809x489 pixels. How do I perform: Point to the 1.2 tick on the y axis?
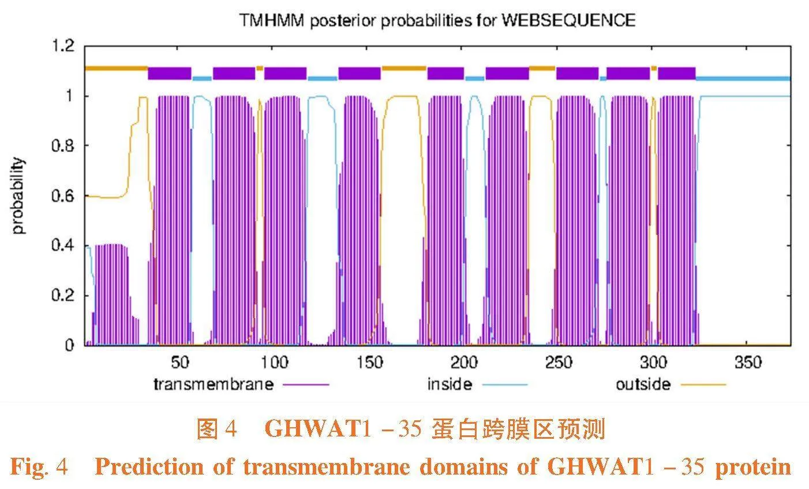click(x=63, y=46)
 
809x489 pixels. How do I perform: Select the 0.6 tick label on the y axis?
click(x=63, y=196)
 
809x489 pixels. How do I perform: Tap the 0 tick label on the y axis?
click(x=69, y=345)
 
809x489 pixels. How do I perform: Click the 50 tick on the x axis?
click(x=180, y=363)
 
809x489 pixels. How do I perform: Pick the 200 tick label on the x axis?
click(x=464, y=363)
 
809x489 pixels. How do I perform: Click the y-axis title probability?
click(x=19, y=196)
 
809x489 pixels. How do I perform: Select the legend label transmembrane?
click(x=213, y=384)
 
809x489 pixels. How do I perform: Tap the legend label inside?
click(x=450, y=384)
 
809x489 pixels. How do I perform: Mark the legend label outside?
click(x=643, y=384)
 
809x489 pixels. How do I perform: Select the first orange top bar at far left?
click(x=116, y=68)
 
